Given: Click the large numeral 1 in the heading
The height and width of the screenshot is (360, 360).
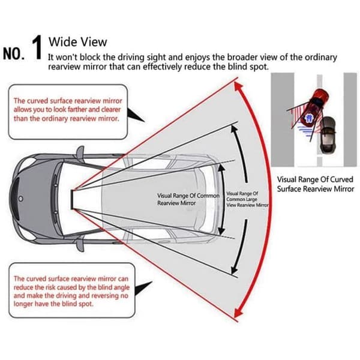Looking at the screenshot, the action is point(37,47).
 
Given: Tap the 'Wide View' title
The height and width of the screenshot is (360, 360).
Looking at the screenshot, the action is point(77,42).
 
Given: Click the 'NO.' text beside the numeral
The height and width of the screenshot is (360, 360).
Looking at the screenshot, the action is point(14,54).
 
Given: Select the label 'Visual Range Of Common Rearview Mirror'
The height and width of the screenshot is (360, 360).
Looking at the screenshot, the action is point(188,199).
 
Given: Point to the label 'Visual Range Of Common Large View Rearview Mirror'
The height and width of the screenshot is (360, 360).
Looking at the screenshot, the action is point(247,199).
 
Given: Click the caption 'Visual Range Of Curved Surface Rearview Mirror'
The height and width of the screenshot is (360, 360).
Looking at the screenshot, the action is point(315,184).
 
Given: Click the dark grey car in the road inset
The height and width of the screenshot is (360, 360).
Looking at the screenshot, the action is point(328,135).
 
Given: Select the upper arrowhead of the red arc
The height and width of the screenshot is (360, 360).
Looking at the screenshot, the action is point(238,86).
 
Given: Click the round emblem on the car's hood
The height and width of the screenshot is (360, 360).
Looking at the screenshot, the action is point(21,199).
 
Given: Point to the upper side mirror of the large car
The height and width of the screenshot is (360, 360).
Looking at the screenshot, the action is point(80,152).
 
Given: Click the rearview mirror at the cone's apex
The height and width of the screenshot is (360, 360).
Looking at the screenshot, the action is point(73,200).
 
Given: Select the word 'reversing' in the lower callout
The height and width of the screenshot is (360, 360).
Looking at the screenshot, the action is point(103,296).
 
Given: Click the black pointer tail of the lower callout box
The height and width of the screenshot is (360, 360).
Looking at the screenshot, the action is point(143,287).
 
